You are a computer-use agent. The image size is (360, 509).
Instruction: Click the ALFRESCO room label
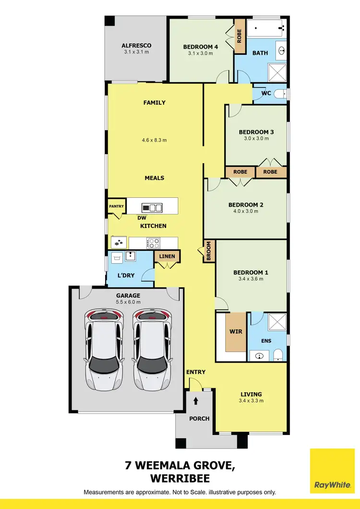pos(136,46)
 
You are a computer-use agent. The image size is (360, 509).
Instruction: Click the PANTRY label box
pos(116,206)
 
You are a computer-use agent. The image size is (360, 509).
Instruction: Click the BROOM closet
pos(209,251)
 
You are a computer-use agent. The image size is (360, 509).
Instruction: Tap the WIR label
pos(236,331)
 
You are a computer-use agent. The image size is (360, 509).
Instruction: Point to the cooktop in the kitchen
pos(153,243)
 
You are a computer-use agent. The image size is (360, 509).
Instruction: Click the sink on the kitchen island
pos(152,207)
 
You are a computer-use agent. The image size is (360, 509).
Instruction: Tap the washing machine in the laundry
pos(116,259)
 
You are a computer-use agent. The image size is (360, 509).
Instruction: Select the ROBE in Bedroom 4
pos(240,32)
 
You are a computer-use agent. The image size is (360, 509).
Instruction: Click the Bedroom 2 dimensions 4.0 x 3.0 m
pos(245,211)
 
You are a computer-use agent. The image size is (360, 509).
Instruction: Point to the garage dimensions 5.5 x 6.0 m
pos(128,302)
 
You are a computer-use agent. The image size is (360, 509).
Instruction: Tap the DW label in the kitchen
pos(143,218)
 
